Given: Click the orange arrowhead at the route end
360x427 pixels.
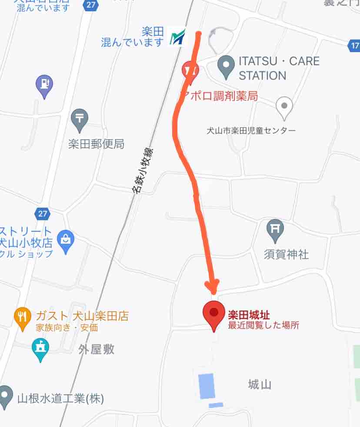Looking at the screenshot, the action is tap(213, 286).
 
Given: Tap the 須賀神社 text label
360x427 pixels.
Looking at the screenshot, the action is tap(286, 254).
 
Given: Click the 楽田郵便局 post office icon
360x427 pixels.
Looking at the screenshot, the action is tap(80, 119).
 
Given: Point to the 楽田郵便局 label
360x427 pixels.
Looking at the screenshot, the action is tap(96, 144).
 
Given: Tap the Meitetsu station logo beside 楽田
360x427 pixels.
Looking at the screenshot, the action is tap(177, 37).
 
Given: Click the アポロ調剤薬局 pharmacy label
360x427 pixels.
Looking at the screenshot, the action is tap(220, 96).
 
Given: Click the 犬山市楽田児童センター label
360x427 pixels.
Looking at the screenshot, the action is tap(251, 130).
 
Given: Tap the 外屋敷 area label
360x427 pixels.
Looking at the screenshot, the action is tap(96, 349).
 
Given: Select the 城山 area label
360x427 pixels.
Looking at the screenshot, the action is tap(260, 384).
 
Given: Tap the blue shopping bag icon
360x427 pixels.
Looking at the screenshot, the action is tap(66, 241).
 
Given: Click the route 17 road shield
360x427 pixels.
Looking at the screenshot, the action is tap(354, 45).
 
